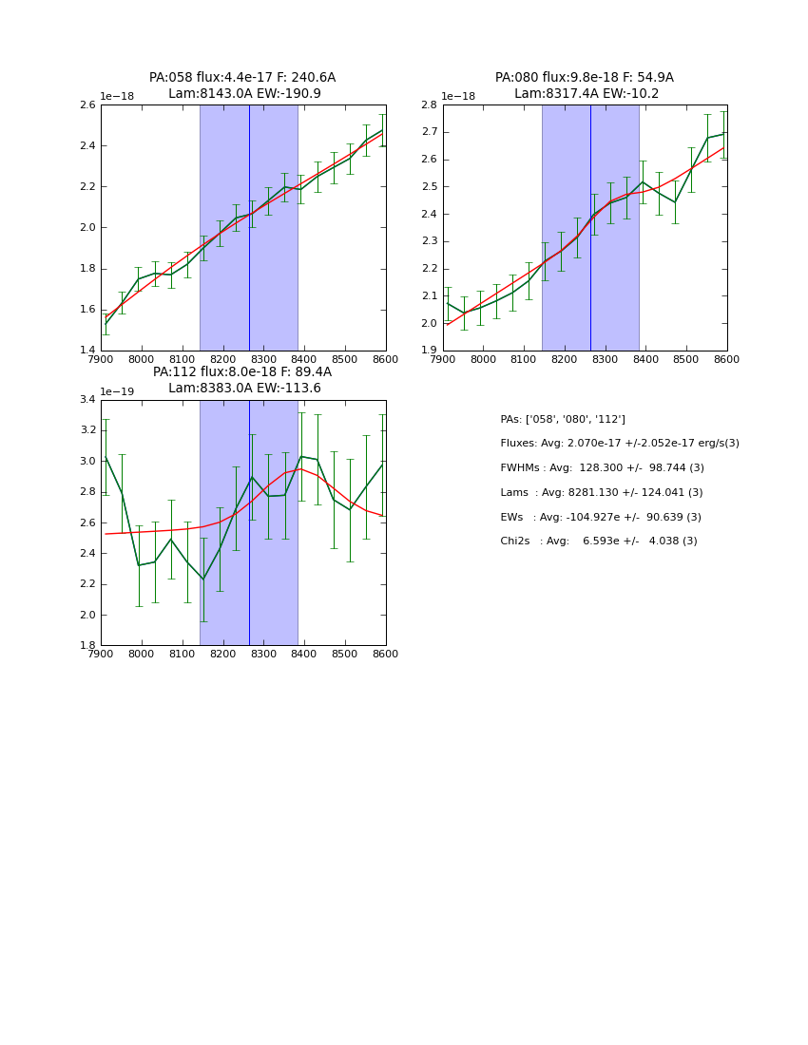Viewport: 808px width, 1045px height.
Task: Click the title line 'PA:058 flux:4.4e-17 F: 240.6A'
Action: pos(242,78)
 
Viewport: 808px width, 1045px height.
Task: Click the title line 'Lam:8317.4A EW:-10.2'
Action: pos(586,94)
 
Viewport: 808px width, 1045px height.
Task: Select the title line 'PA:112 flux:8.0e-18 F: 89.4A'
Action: pos(242,372)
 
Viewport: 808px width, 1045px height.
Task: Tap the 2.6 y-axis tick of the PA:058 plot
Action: pos(87,105)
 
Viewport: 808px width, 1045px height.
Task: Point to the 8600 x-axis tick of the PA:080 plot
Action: pos(726,359)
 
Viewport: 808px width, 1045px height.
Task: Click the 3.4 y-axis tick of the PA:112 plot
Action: pos(87,400)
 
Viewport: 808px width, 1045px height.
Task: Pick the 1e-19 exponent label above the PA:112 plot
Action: pos(118,391)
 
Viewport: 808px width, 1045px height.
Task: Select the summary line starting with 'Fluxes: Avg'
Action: pos(619,444)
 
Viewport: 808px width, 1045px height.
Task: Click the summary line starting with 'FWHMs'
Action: pos(602,468)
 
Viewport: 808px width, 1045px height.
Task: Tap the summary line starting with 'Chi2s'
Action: pos(598,541)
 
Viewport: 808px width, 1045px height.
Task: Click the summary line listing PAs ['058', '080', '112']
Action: pos(563,420)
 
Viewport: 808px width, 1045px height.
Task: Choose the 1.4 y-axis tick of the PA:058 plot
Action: pos(87,351)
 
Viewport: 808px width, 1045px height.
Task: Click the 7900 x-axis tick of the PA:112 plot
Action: pos(101,654)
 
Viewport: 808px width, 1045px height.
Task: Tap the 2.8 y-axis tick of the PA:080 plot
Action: pos(429,105)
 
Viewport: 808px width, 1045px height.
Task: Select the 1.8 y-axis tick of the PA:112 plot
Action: pos(87,645)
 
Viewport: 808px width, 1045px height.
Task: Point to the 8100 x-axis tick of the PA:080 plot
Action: pos(524,359)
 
